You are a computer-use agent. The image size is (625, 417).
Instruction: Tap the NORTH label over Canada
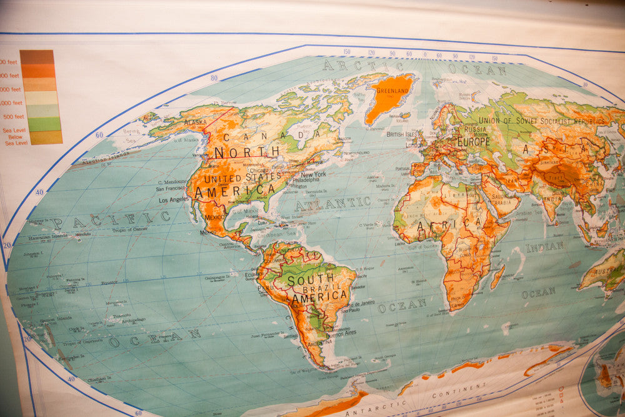point(238,152)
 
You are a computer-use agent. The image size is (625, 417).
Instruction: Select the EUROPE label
point(474,141)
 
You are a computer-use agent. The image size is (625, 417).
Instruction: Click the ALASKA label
point(195,123)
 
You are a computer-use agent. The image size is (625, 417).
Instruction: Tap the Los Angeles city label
point(173,200)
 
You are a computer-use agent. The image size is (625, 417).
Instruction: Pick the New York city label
point(313,174)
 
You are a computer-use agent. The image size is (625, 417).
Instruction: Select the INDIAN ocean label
point(544,247)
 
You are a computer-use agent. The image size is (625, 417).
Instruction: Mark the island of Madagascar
point(497,276)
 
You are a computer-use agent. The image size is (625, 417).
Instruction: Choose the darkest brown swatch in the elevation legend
point(36,57)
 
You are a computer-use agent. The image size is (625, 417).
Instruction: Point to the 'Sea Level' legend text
point(14,130)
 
